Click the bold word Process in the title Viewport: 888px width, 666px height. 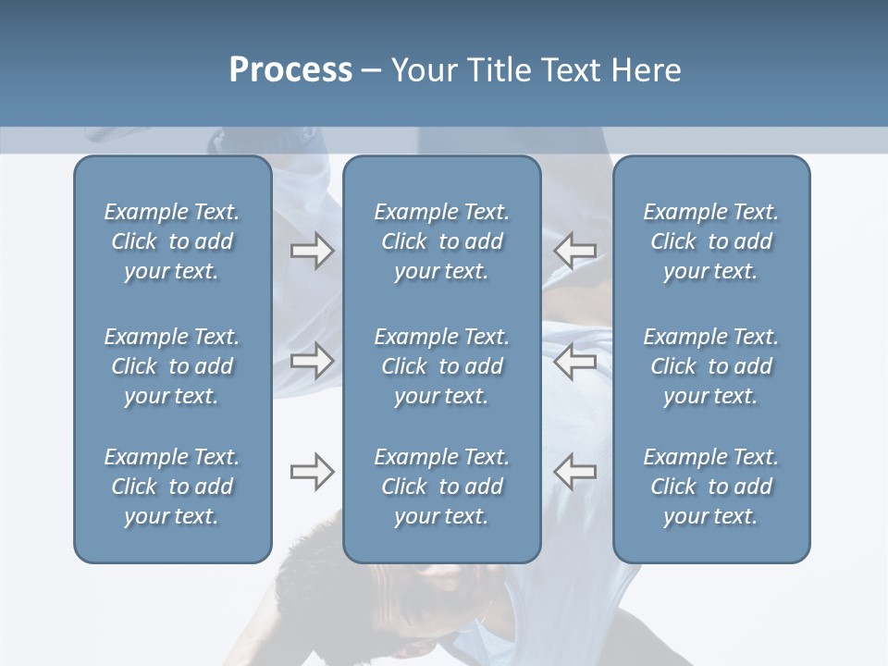coord(290,70)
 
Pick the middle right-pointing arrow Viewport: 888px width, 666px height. coord(312,361)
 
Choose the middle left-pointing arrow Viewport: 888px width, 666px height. coord(574,361)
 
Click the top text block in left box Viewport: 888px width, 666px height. coord(172,241)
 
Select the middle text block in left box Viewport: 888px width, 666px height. coord(172,366)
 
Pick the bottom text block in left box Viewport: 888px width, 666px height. coord(172,487)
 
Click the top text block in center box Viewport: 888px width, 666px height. coord(441,241)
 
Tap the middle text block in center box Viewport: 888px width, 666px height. coord(441,366)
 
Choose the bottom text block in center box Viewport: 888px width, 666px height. coord(441,487)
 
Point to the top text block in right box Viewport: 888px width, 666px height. coord(710,241)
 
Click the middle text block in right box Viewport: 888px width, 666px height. coord(710,366)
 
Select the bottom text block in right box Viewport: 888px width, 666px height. coord(710,487)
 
